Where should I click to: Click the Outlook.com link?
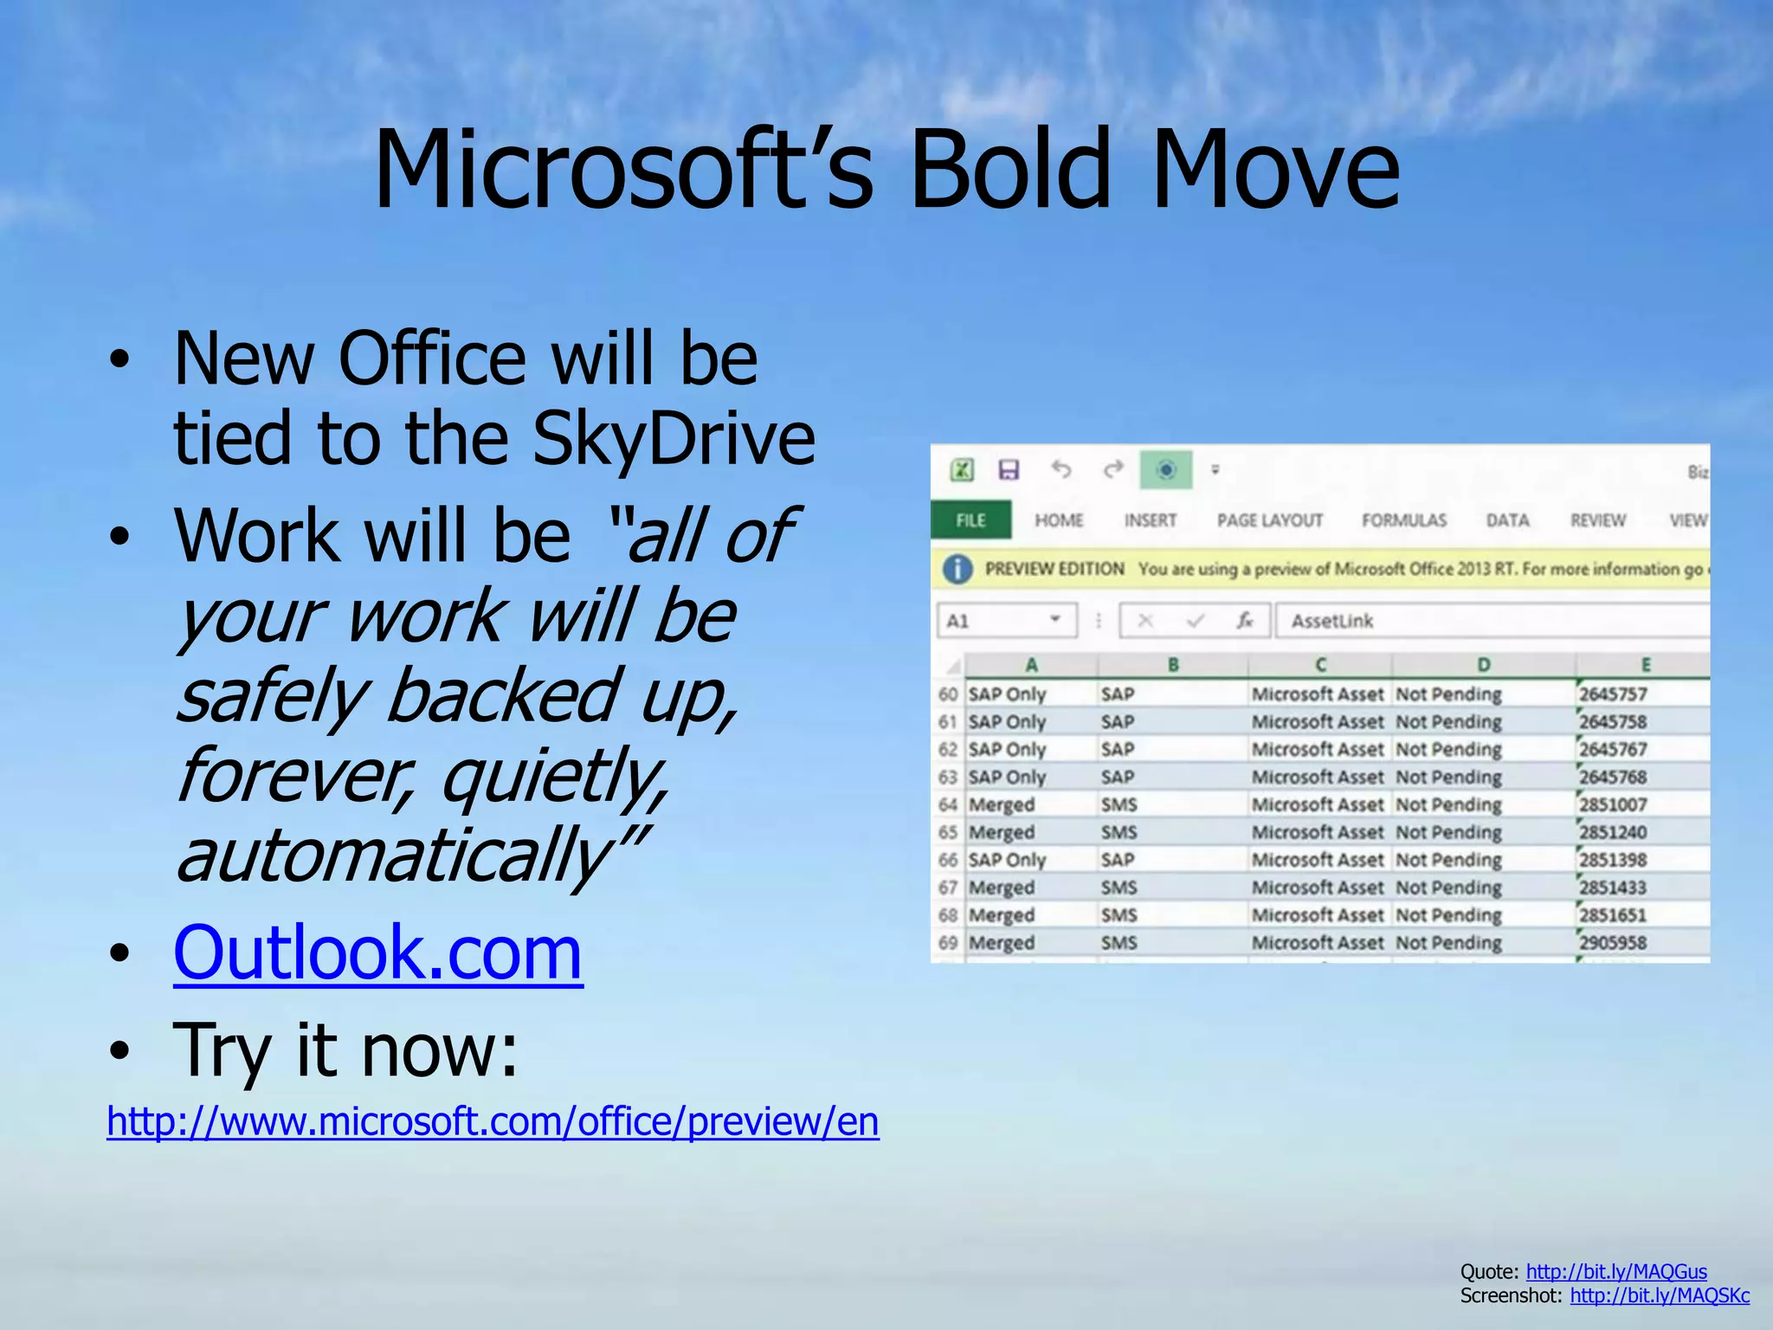377,952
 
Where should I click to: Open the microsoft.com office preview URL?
493,1121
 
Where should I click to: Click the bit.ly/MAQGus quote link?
1615,1271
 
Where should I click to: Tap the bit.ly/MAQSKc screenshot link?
1660,1295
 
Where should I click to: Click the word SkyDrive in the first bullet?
673,438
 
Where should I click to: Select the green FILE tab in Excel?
970,520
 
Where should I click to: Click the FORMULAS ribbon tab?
1403,520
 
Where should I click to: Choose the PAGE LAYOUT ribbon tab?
1270,520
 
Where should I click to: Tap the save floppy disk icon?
1009,469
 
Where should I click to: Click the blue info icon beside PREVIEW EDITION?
957,569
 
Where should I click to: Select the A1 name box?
1004,621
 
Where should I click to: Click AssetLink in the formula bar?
1331,621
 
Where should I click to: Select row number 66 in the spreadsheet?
948,860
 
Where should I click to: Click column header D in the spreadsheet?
1483,665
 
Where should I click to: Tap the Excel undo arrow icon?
1061,469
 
